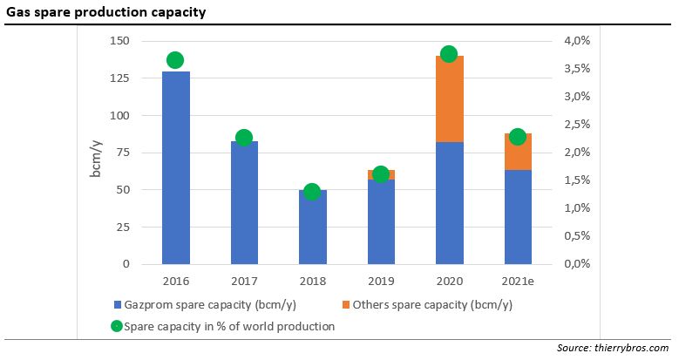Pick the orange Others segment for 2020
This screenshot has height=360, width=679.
point(450,98)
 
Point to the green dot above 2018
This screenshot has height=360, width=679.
point(312,192)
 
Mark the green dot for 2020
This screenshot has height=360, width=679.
point(450,54)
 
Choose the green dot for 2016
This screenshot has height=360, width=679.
point(175,60)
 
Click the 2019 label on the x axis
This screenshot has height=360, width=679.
point(381,282)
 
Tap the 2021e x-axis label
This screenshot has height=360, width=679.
point(518,282)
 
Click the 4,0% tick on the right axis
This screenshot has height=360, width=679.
point(577,41)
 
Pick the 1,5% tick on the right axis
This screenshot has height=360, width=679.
point(577,180)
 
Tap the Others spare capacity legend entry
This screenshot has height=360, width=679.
point(426,305)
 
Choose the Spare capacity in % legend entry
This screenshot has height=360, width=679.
point(223,326)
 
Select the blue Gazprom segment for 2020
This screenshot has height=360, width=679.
point(450,202)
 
